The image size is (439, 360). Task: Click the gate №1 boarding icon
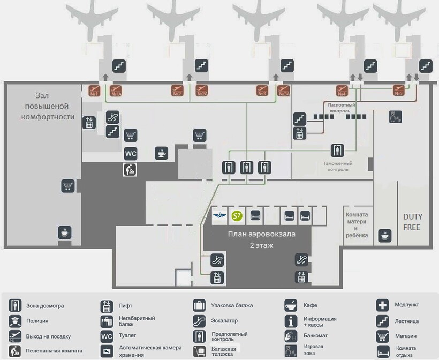click(x=94, y=91)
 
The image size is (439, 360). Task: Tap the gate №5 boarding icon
click(x=399, y=90)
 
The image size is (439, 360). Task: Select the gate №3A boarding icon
click(x=284, y=91)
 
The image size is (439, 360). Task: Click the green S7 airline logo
click(x=237, y=216)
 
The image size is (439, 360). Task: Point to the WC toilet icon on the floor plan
click(x=131, y=154)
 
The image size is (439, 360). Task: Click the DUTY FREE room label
click(x=412, y=222)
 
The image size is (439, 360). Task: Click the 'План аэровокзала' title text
click(x=261, y=234)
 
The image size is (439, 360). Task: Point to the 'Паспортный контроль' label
click(x=342, y=108)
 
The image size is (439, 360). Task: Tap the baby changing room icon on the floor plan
click(x=130, y=169)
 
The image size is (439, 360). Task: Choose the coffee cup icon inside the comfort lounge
click(x=65, y=232)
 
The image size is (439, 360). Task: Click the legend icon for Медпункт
click(x=382, y=305)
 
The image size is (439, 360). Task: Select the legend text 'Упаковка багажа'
click(x=232, y=306)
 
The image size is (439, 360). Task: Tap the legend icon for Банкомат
click(x=291, y=336)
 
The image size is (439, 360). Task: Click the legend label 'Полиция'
click(x=37, y=321)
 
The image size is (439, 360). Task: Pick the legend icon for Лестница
click(x=382, y=321)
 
